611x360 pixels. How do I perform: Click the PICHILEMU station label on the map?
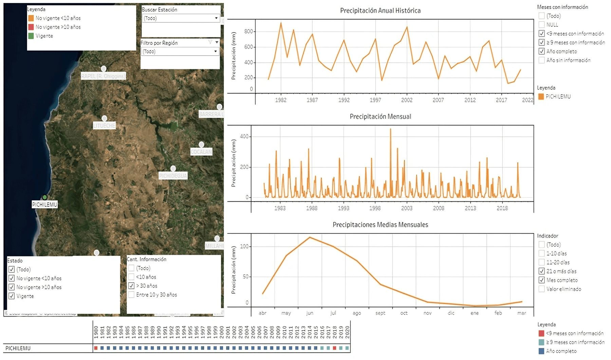point(44,204)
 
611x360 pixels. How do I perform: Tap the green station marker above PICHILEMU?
point(44,197)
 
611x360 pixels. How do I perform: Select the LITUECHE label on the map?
point(104,126)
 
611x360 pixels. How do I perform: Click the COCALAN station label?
point(201,152)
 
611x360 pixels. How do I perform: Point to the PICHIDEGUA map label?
point(173,176)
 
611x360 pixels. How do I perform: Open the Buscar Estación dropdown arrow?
point(216,18)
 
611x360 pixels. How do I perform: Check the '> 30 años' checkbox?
point(131,286)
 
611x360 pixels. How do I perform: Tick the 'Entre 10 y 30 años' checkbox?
point(131,294)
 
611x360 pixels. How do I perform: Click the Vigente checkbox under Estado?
point(12,296)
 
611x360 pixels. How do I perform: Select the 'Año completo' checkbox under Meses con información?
point(542,51)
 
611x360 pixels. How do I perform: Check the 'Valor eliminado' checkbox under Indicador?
point(542,289)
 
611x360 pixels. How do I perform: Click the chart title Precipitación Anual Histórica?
point(380,11)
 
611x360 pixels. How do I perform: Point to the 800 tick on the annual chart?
point(248,31)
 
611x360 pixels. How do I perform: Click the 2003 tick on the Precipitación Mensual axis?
point(407,208)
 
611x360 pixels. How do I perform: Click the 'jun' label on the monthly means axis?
point(310,313)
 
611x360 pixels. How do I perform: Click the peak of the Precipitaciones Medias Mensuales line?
point(310,237)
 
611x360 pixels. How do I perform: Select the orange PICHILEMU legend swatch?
point(541,96)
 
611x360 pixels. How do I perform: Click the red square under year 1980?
point(96,348)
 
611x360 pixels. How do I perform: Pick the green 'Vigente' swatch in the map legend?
point(31,36)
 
